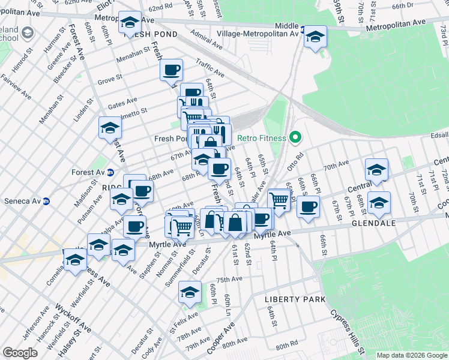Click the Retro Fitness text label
[x=262, y=138]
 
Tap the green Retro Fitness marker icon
[x=294, y=138]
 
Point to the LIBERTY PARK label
[x=295, y=299]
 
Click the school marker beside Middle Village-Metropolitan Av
[x=315, y=37]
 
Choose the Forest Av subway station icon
[x=110, y=172]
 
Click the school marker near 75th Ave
[x=190, y=292]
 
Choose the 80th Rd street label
[x=287, y=346]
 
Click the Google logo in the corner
[x=20, y=353]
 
